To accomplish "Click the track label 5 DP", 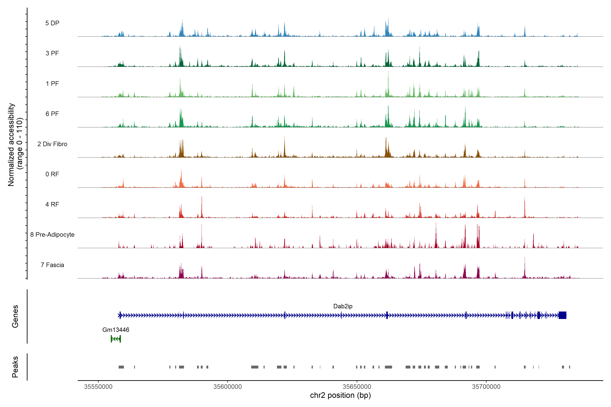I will click(x=52, y=23).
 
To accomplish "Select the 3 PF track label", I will click(x=52, y=53).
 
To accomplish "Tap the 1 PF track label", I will click(x=52, y=84).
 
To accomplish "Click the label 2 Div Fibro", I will click(x=52, y=144).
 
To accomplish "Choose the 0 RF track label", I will click(x=52, y=174).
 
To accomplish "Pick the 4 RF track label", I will click(x=52, y=204).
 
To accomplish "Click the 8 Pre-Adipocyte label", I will click(x=52, y=235).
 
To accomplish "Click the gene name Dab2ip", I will click(x=343, y=306).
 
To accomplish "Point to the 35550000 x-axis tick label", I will click(x=98, y=387).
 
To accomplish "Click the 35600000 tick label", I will click(x=228, y=387).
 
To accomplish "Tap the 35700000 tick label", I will click(x=486, y=387).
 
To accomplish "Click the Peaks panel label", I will click(x=15, y=367).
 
